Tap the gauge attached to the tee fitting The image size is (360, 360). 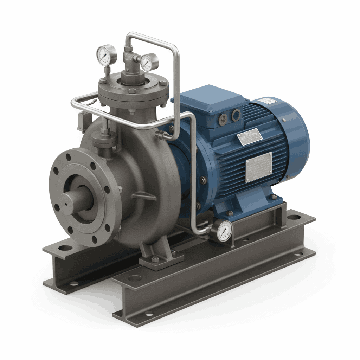coord(149,62)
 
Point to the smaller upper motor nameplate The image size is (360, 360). coord(249,137)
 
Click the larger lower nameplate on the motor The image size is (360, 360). coord(258,167)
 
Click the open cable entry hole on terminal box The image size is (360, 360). coord(236,115)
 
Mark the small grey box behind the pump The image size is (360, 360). coord(83,120)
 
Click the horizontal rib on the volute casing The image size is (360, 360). coord(144,196)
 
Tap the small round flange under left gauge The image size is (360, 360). coord(104,139)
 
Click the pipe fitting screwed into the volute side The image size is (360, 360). coord(162,134)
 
